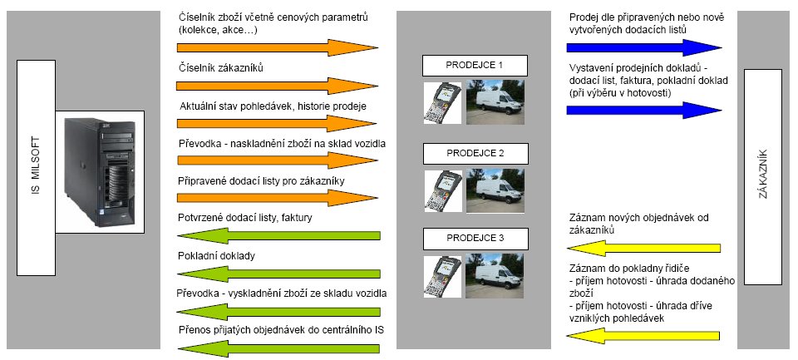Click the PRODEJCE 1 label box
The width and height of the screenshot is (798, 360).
(475, 66)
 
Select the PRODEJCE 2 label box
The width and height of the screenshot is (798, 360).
(475, 153)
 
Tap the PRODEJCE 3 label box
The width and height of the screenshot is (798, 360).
(475, 239)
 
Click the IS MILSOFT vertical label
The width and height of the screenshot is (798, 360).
(36, 167)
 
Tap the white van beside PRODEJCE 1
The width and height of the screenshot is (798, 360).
(495, 101)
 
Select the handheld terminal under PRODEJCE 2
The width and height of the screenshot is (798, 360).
(443, 191)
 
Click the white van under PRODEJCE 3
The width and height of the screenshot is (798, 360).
(495, 275)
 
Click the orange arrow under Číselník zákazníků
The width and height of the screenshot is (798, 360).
(278, 86)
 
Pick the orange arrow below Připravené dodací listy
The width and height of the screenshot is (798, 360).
(278, 198)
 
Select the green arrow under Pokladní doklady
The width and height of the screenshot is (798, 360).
(278, 274)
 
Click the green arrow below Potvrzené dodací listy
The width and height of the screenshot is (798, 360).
(278, 236)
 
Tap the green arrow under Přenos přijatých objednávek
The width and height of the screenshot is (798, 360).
(278, 349)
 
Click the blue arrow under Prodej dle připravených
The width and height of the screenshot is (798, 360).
(643, 48)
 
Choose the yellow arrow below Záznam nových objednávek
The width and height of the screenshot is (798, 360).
(643, 249)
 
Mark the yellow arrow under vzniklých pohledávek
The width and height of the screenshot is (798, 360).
(643, 336)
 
